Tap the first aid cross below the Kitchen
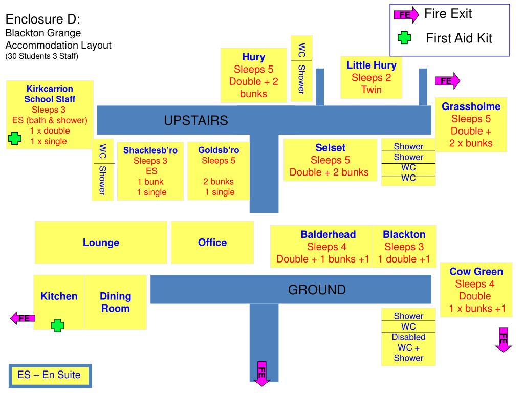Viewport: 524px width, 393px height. [58, 325]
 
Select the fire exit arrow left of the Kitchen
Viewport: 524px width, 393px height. [23, 318]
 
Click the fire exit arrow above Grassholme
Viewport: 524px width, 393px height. [447, 81]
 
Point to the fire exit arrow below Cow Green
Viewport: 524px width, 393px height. [504, 339]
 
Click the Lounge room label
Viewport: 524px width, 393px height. [101, 243]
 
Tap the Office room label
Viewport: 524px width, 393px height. [212, 243]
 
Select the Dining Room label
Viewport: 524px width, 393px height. [115, 302]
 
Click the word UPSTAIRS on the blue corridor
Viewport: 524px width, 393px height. [195, 121]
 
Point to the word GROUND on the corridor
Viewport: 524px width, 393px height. [317, 290]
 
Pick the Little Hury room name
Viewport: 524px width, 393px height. [372, 65]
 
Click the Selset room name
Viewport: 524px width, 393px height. [330, 148]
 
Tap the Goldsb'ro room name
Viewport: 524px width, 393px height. [219, 150]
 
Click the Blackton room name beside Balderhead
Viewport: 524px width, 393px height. [404, 234]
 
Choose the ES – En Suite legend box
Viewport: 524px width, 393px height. [49, 375]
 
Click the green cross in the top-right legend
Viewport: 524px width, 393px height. [404, 38]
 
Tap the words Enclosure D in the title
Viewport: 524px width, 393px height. [43, 19]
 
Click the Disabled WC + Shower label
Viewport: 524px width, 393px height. [408, 347]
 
